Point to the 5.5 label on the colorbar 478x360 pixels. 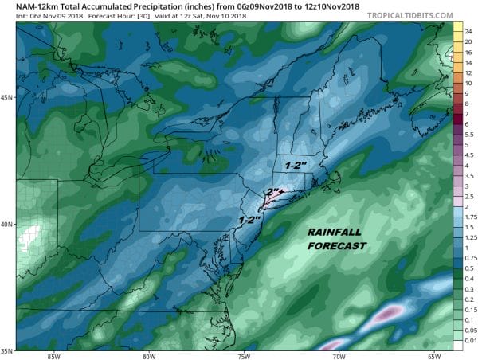(460, 136)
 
